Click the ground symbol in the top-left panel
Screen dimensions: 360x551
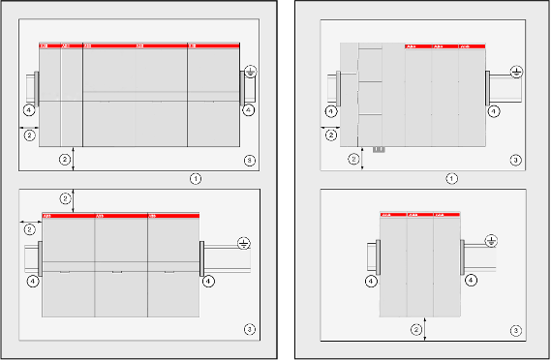(250, 71)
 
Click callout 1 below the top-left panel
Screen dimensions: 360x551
(196, 178)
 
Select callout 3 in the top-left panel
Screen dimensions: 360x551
(250, 159)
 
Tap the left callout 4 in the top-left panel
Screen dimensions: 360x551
(30, 111)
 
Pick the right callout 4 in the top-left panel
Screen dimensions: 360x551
(249, 110)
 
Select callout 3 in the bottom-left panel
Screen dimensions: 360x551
(250, 330)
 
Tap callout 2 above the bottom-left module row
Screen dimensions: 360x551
(65, 197)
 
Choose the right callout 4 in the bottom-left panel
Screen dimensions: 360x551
(207, 282)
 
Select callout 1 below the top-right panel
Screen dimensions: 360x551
(450, 178)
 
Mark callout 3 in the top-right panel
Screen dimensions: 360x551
(515, 159)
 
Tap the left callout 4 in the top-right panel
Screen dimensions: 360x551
(331, 112)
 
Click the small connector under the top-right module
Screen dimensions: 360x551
(379, 148)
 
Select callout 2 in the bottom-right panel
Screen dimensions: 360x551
(416, 330)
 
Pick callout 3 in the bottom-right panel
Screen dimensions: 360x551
(515, 330)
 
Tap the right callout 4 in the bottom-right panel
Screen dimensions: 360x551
(471, 281)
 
